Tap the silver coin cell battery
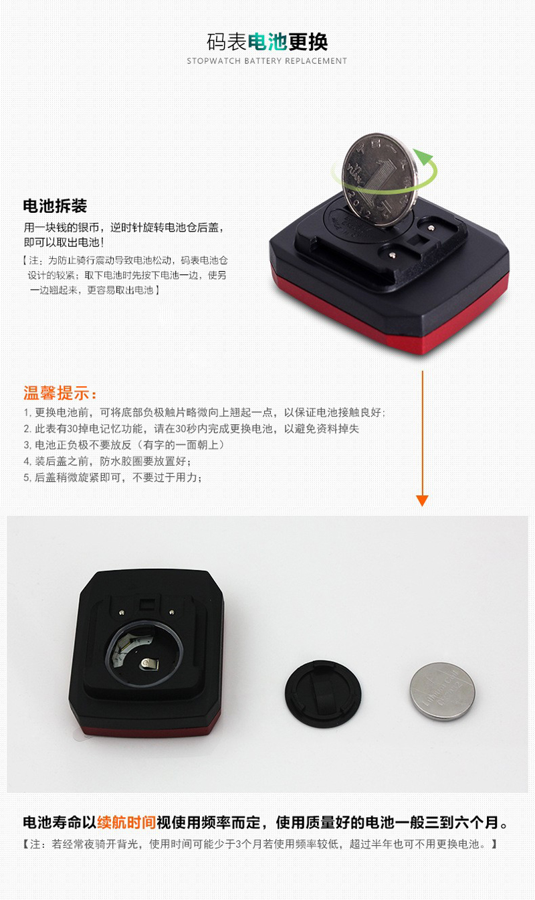[x=442, y=691]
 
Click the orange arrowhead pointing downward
[x=422, y=500]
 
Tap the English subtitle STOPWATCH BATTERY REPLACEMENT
[x=267, y=61]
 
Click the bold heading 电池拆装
[x=55, y=205]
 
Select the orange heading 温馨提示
[x=60, y=391]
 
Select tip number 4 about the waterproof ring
[x=108, y=461]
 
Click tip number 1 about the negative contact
[x=204, y=413]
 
